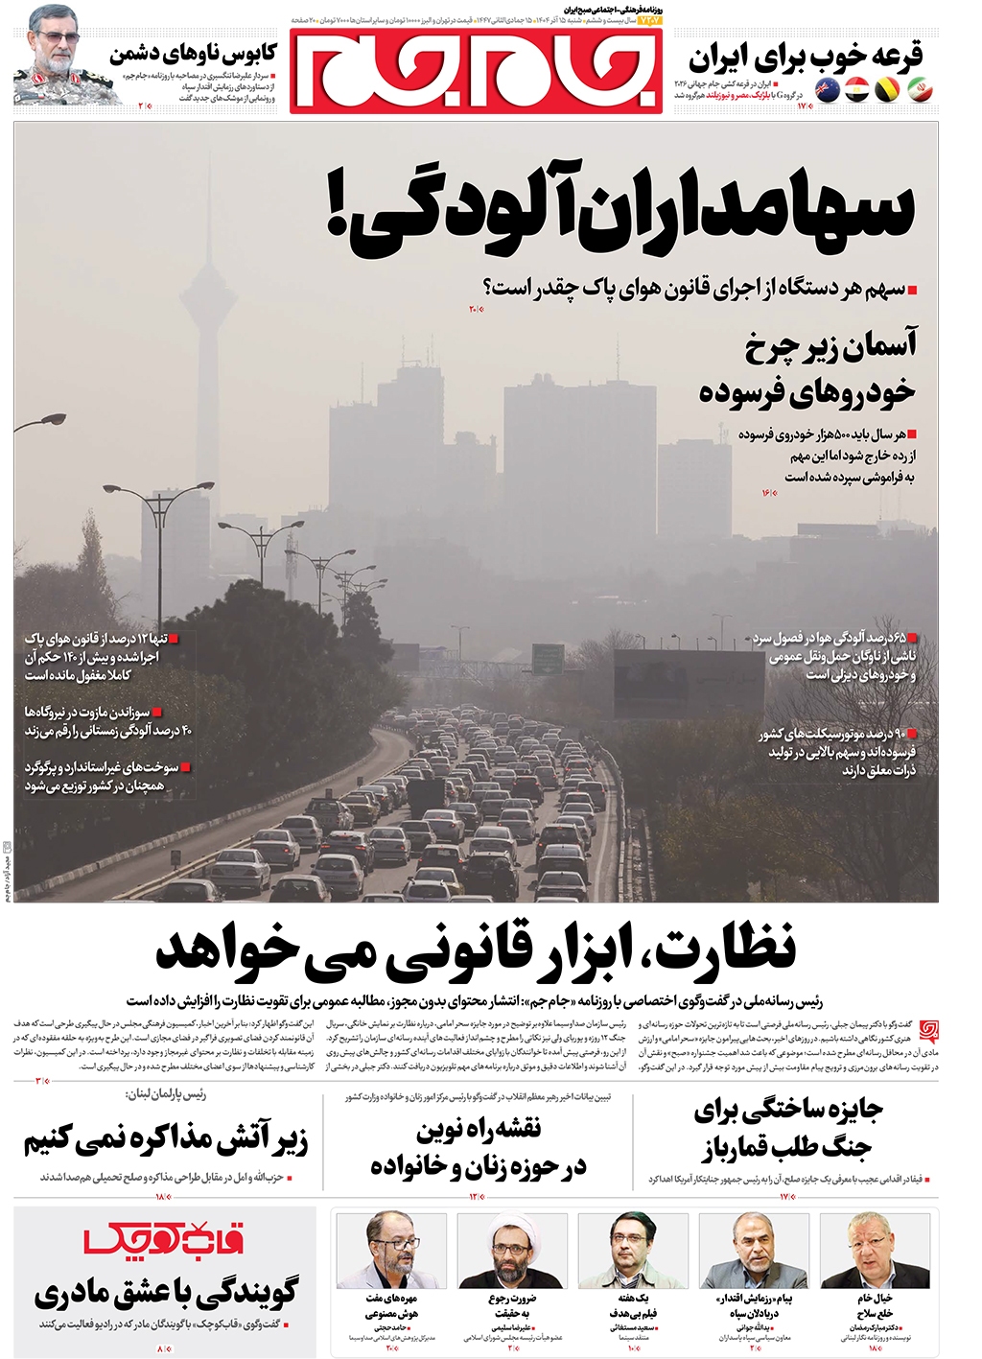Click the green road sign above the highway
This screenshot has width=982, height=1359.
[x=548, y=659]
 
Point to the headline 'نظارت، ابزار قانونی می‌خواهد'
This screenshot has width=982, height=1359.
[x=476, y=949]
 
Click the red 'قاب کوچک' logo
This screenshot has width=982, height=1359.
[x=164, y=1240]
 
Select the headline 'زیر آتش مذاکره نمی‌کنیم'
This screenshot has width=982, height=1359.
[x=165, y=1140]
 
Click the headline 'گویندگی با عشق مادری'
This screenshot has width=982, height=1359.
[x=166, y=1293]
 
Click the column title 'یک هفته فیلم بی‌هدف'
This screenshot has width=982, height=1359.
[x=633, y=1305]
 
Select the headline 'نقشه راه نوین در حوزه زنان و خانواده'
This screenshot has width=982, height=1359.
[x=479, y=1147]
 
